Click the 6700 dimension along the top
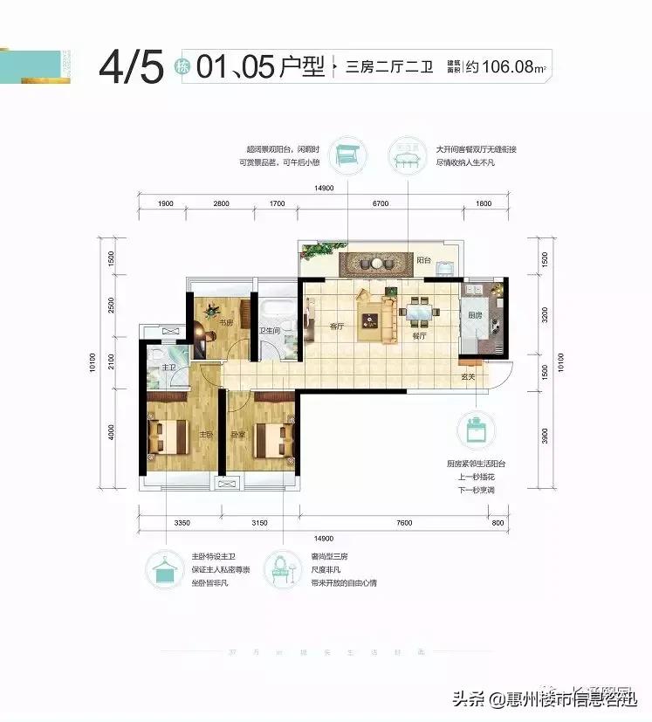[x=379, y=203]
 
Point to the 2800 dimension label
[x=220, y=203]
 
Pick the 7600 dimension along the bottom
[x=403, y=523]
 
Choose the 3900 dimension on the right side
[x=546, y=434]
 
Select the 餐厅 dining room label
[x=420, y=334]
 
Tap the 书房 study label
[x=224, y=322]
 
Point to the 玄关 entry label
[x=468, y=376]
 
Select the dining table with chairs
[x=419, y=310]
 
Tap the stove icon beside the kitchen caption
[x=477, y=430]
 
